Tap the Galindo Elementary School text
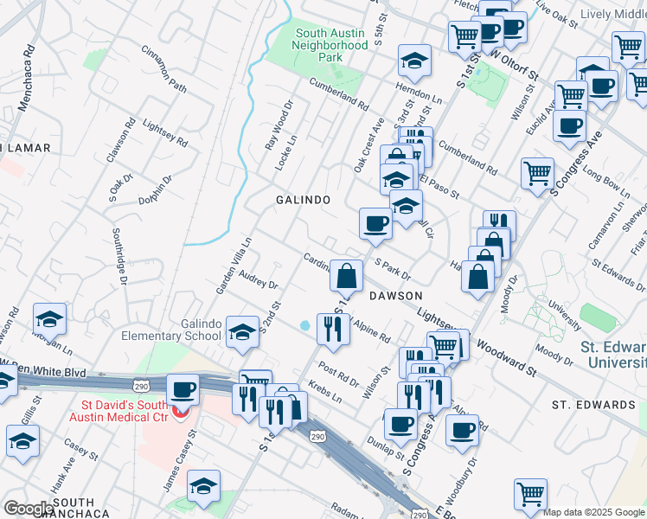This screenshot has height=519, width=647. coord(189,330)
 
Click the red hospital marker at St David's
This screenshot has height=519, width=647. coord(180,411)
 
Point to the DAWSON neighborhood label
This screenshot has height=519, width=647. coord(395,296)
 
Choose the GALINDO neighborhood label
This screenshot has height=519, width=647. coord(303,200)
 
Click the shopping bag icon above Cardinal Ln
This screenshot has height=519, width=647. coord(346,277)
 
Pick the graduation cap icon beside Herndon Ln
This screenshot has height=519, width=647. coord(415,61)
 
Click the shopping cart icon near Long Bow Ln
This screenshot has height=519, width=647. coord(537,173)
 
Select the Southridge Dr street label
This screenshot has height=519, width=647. coord(119,256)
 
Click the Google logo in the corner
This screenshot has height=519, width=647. coord(29,509)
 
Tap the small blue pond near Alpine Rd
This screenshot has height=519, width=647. coord(305,326)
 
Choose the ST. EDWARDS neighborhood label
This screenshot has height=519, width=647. coord(593,405)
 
